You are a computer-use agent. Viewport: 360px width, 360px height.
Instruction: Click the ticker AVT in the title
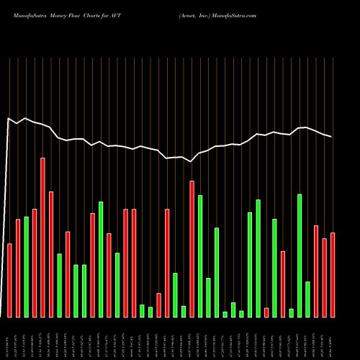(126, 14)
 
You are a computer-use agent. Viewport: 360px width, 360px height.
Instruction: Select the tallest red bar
(42, 238)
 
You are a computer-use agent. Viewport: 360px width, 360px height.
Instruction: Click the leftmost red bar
(9, 281)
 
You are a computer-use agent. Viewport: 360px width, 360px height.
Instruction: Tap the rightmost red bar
(333, 275)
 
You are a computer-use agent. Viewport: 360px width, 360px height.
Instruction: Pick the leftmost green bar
(26, 266)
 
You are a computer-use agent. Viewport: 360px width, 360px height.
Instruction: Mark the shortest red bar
(266, 312)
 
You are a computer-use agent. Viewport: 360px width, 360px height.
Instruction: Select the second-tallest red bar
(192, 248)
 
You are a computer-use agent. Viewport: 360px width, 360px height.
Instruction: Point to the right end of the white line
(332, 137)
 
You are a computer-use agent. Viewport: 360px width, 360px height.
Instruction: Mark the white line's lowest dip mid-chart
(191, 162)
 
